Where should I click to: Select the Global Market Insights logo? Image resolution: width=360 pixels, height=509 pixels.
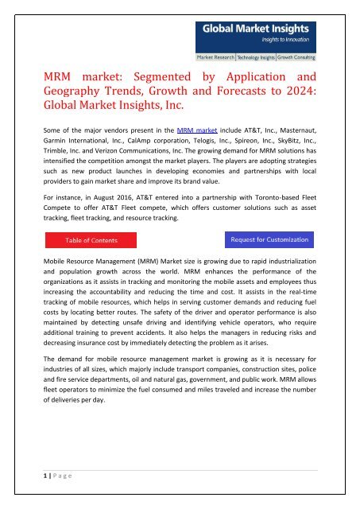tap(250, 34)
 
